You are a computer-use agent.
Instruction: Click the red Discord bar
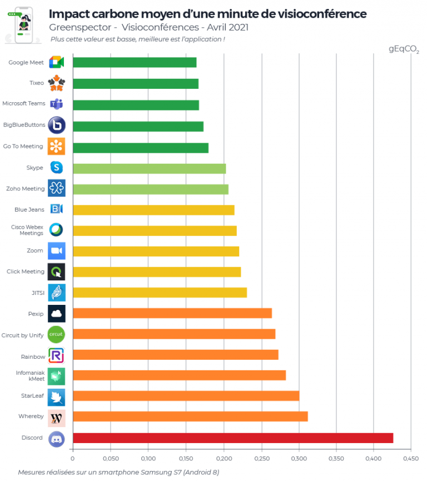click(x=232, y=438)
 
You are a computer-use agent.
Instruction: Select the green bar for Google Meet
click(x=135, y=62)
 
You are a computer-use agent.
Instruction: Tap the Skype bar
click(x=149, y=168)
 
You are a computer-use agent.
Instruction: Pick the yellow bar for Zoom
click(x=156, y=251)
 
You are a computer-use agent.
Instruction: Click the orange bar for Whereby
click(x=190, y=416)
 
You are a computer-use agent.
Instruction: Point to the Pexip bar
click(x=172, y=313)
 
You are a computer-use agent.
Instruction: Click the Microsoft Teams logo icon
click(x=57, y=104)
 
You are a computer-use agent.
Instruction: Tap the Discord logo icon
click(x=57, y=438)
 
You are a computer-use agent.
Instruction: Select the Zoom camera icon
click(x=57, y=251)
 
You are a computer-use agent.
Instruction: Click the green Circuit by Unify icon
click(x=57, y=334)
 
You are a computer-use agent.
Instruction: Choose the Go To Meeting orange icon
click(x=57, y=146)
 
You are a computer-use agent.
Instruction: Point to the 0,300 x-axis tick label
click(x=299, y=459)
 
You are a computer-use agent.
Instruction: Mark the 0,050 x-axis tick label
click(x=111, y=459)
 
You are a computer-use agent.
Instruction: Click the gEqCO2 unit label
click(x=404, y=49)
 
